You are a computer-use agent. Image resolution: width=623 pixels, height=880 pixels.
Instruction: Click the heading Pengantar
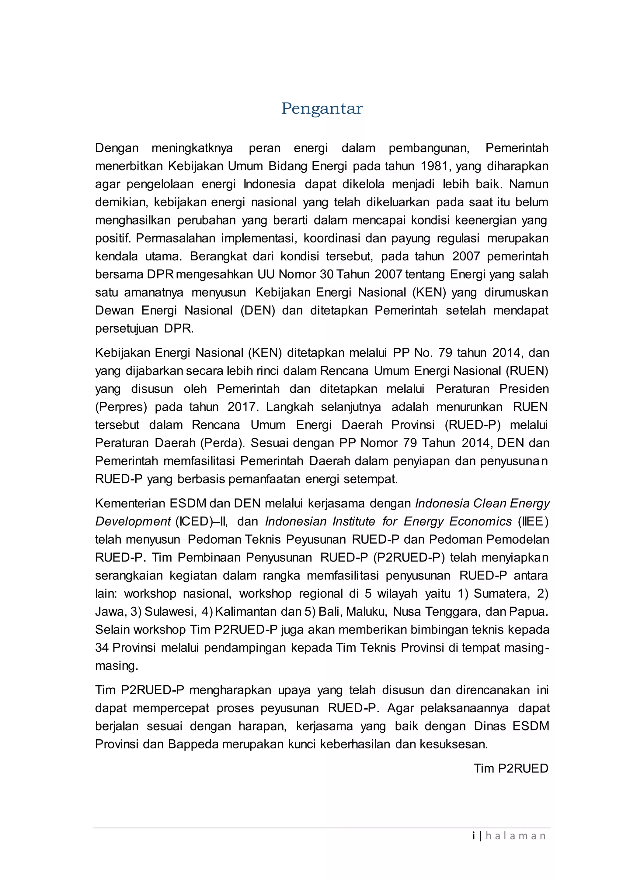322,108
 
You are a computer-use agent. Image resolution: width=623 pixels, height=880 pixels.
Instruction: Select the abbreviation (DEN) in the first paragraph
258,311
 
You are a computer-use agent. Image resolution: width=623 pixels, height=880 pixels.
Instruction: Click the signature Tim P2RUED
511,768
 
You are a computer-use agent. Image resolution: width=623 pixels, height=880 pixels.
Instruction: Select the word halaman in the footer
516,836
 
